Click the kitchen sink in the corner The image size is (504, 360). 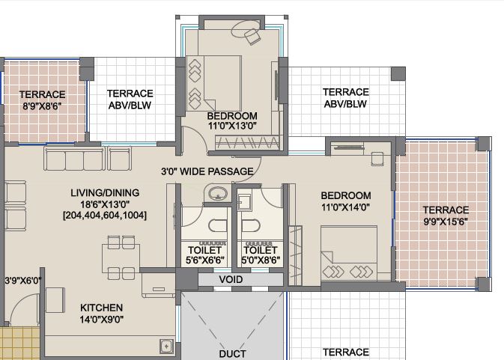[x=166, y=347]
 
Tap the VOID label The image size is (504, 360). [x=231, y=279]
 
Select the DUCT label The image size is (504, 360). [x=232, y=354]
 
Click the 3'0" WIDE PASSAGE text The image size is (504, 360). [x=207, y=171]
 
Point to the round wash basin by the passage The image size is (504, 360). [x=218, y=194]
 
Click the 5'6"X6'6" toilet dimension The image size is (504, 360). [x=204, y=260]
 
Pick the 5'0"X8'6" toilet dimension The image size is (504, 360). [x=261, y=260]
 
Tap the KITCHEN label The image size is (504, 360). [x=101, y=308]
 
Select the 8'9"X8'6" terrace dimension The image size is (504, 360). [x=42, y=106]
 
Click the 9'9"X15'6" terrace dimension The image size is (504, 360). [x=446, y=222]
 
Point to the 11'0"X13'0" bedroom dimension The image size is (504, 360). [x=232, y=126]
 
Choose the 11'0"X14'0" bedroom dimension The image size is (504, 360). [x=345, y=207]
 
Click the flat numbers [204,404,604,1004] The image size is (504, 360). [x=105, y=215]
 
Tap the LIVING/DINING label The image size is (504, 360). [x=105, y=192]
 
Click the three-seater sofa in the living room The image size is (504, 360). [x=74, y=159]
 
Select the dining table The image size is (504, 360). [x=121, y=258]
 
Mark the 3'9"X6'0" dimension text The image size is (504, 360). [x=22, y=281]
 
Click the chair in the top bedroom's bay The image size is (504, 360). [x=252, y=37]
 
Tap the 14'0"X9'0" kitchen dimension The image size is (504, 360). [x=101, y=320]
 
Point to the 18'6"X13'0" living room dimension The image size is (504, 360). [x=105, y=204]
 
